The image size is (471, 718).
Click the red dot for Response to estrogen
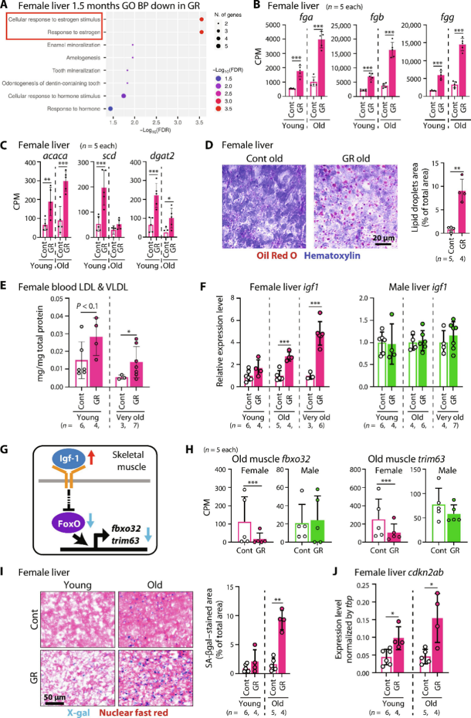201,32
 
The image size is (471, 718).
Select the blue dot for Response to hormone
111,109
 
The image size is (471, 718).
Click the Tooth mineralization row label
76,70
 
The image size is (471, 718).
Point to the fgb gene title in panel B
377,17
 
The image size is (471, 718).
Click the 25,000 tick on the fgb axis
340,25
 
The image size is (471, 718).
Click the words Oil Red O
277,255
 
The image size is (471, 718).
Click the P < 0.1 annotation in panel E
87,306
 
